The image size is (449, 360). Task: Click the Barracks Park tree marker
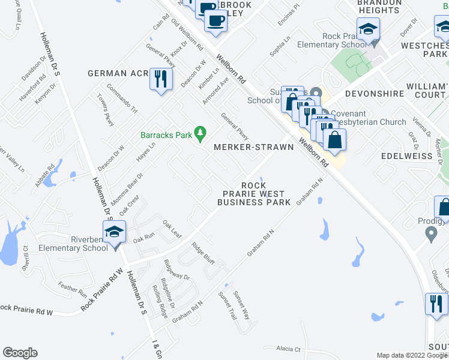pyautogui.click(x=202, y=134)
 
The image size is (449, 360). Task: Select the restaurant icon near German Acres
pyautogui.click(x=160, y=80)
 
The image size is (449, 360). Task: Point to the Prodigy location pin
pyautogui.click(x=431, y=234)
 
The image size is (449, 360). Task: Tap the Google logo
pyautogui.click(x=20, y=353)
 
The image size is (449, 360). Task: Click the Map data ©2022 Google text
pyautogui.click(x=411, y=355)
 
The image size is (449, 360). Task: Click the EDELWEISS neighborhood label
pyautogui.click(x=406, y=156)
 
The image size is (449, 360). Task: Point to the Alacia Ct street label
pyautogui.click(x=288, y=349)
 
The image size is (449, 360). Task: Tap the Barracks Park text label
pyautogui.click(x=166, y=135)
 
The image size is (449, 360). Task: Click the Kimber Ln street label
pyautogui.click(x=208, y=77)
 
